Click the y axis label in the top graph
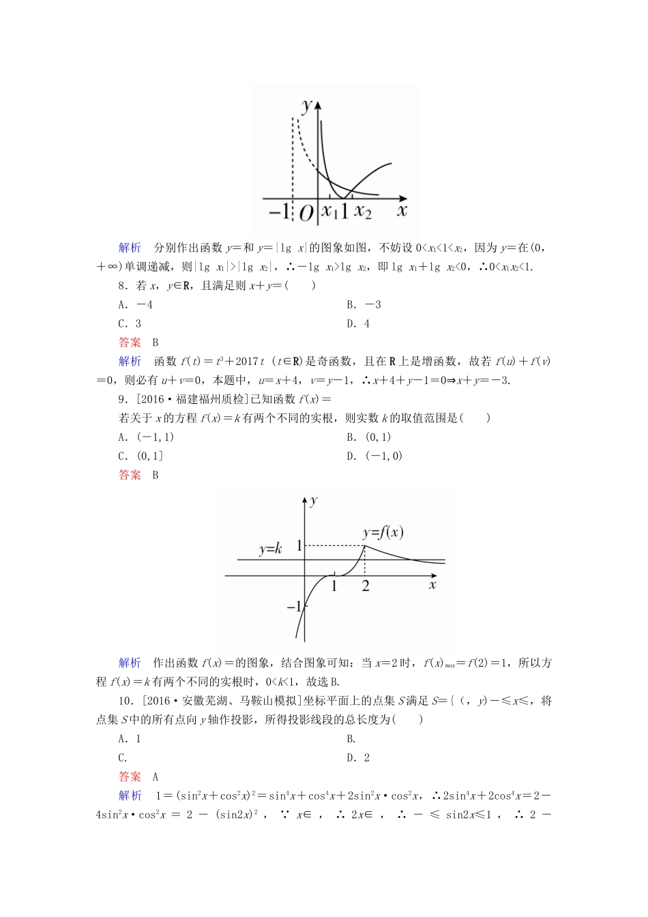[x=307, y=105]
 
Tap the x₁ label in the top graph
[x=330, y=211]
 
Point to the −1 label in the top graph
[x=279, y=211]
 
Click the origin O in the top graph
[x=306, y=214]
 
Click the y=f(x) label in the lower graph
[x=383, y=532]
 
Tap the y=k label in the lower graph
[x=270, y=549]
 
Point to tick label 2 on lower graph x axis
[x=366, y=586]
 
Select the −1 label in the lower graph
[x=293, y=607]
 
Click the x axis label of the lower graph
[x=432, y=585]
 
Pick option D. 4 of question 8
[x=358, y=324]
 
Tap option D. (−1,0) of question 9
[x=374, y=456]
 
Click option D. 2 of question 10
[x=358, y=758]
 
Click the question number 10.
[x=124, y=701]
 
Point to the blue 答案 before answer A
[x=130, y=776]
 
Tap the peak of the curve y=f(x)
[x=365, y=545]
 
